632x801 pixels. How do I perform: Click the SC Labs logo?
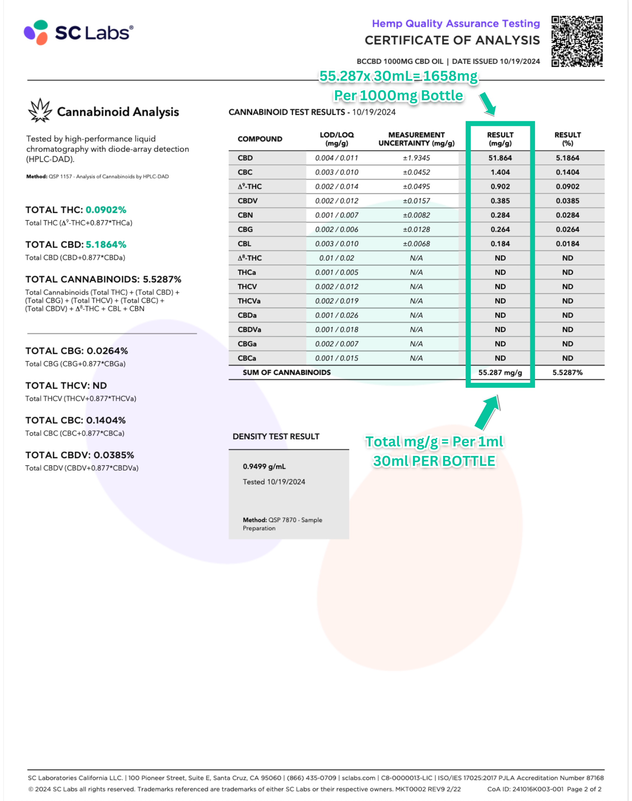[x=78, y=33]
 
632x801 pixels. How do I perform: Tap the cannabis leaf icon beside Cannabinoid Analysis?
[x=40, y=110]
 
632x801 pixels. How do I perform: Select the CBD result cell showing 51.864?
[x=500, y=158]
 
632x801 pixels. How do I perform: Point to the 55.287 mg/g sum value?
[x=500, y=372]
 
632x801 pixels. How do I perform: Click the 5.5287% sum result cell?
[x=567, y=372]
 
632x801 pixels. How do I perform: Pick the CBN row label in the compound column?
[x=245, y=215]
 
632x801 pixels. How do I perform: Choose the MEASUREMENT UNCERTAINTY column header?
[x=416, y=139]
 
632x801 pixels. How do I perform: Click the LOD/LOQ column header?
[x=336, y=139]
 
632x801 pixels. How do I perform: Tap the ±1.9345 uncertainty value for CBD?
[x=416, y=158]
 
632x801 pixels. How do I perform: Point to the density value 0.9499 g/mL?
[x=264, y=467]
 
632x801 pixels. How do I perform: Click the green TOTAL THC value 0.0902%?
[x=106, y=210]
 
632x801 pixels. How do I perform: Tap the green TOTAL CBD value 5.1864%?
[x=106, y=245]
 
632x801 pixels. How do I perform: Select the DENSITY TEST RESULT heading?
[x=276, y=436]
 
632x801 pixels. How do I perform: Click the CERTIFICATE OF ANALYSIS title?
[x=452, y=40]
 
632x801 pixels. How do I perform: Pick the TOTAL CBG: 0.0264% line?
[x=76, y=351]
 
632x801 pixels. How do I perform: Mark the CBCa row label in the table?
[x=247, y=358]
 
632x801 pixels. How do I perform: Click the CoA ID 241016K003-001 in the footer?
[x=525, y=789]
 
